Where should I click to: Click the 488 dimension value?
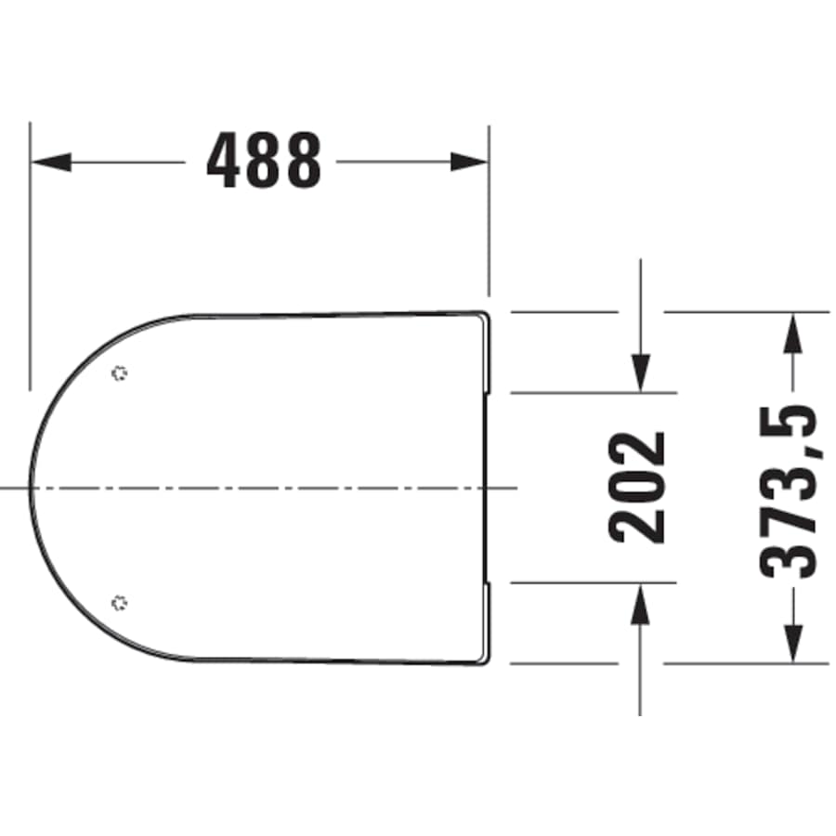tap(264, 161)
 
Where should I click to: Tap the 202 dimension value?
tap(638, 487)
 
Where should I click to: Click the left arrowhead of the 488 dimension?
tap(52, 161)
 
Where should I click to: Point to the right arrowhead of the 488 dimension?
tap(469, 161)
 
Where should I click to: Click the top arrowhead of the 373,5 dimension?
tap(791, 331)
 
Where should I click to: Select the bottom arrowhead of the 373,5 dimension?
tap(791, 645)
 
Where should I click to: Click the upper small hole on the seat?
tap(118, 373)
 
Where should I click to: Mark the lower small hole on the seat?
tap(118, 603)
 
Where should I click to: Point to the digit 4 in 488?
tap(224, 161)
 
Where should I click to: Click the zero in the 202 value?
tap(638, 487)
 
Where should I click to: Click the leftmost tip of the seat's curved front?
tap(31, 487)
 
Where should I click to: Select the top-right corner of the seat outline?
tap(487, 313)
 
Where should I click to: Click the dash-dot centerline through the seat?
tap(279, 487)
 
